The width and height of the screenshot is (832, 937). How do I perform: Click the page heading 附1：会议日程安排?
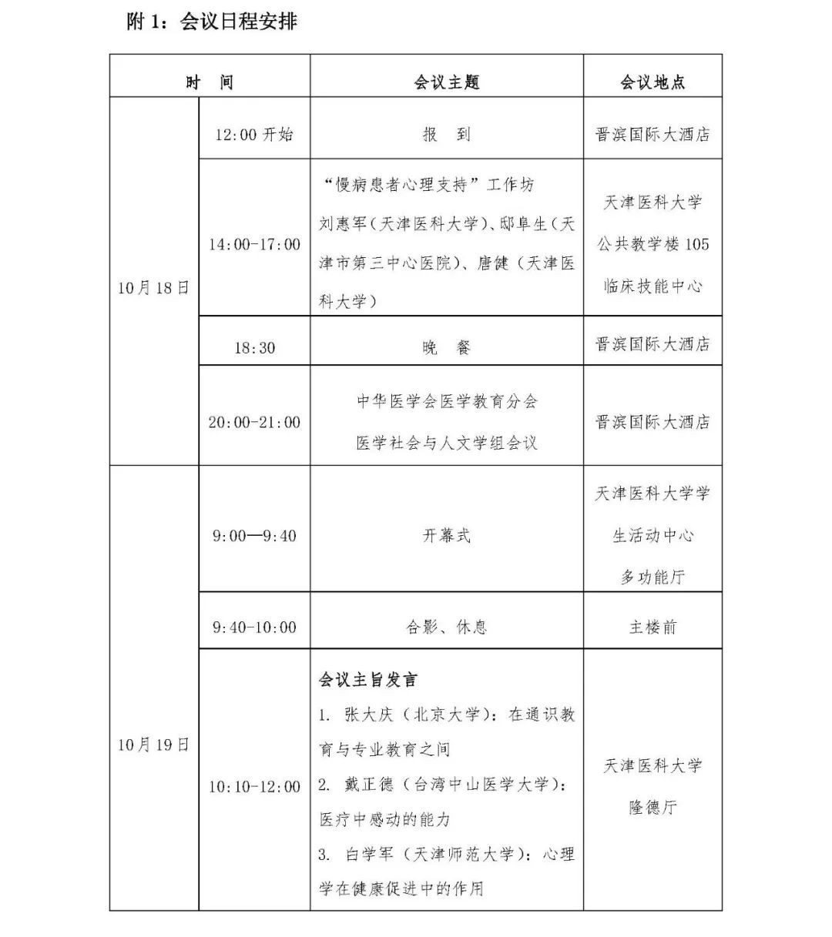coord(212,22)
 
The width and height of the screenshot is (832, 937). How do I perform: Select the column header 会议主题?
coord(447,82)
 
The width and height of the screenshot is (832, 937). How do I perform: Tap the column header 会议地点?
coord(653,82)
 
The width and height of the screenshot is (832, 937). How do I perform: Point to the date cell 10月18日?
coord(153,288)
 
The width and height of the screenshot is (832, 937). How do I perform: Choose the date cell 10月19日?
coord(153,745)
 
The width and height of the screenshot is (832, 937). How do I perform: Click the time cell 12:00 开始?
coord(254,135)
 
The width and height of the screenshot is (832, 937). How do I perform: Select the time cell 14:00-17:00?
coord(254,245)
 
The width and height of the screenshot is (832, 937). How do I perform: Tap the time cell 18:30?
coord(254,348)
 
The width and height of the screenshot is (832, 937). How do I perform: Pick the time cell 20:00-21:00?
coord(254,422)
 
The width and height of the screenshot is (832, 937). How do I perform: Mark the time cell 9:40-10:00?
coord(254,627)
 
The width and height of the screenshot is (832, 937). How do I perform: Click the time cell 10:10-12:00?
coord(254,787)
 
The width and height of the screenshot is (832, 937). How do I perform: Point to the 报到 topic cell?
coord(447,135)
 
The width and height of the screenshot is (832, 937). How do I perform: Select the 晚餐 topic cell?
coord(447,348)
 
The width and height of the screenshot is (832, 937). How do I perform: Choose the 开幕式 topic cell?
coord(447,536)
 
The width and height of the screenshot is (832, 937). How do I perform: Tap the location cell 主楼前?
coord(653,627)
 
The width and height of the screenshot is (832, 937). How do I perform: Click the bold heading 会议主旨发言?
coord(368,681)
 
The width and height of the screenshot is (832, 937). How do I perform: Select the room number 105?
coord(696,245)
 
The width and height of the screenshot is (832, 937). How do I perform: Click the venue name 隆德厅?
coord(653,808)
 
